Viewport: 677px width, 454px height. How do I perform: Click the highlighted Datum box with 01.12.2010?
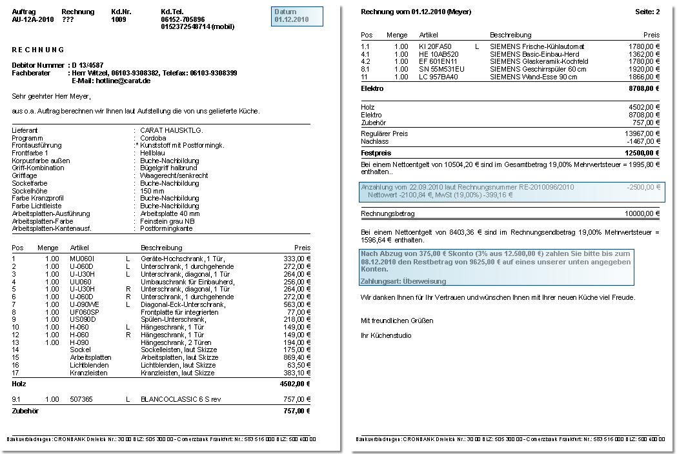click(296, 16)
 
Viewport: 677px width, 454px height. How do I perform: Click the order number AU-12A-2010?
click(32, 19)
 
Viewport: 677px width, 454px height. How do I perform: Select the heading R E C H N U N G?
click(38, 50)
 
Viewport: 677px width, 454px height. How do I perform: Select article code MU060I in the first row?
click(82, 258)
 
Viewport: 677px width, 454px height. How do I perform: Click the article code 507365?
click(81, 399)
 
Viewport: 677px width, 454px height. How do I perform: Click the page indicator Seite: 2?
click(647, 12)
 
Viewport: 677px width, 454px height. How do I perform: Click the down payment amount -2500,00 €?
click(643, 187)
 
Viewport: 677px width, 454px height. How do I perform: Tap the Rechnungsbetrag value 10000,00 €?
click(642, 213)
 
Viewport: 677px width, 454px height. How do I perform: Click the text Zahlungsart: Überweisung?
click(403, 281)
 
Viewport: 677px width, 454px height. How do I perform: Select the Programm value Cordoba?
click(154, 137)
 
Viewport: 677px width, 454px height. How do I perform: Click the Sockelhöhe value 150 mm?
click(152, 191)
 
